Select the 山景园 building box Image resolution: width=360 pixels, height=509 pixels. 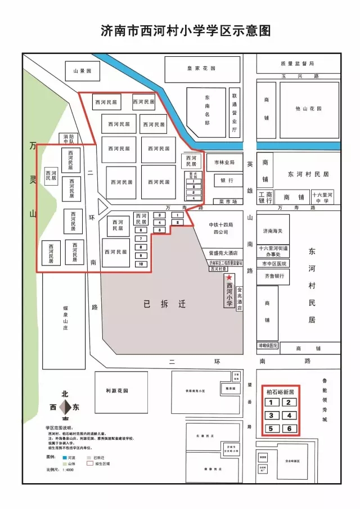(82, 71)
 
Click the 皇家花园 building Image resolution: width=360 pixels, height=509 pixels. (201, 69)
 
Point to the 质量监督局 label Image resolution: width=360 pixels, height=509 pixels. (297, 64)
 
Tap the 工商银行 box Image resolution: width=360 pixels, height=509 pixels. (265, 197)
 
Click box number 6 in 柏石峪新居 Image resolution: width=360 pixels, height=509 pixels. (289, 429)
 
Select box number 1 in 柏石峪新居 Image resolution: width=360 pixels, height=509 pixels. (272, 402)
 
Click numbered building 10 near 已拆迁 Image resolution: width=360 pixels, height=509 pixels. (142, 264)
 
